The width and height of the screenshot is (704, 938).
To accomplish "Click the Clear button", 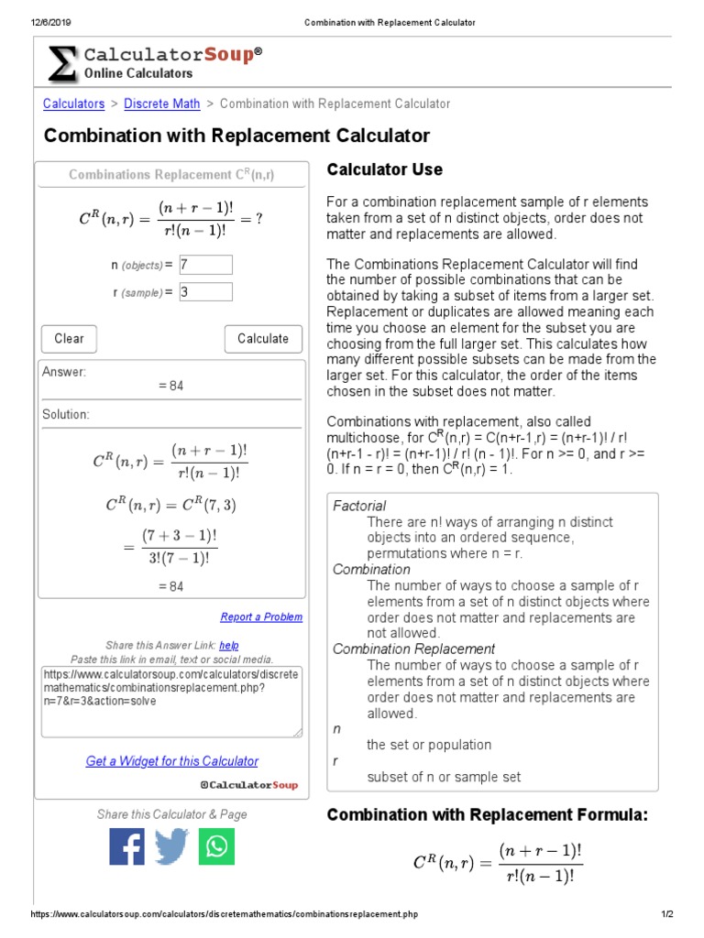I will [x=69, y=339].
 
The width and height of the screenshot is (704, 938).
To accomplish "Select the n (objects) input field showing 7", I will [x=206, y=265].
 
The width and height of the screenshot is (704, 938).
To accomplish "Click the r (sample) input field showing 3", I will [x=206, y=292].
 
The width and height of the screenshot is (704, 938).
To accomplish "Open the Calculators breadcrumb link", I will [x=74, y=104].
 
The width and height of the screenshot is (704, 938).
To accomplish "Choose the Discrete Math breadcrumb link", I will [x=161, y=104].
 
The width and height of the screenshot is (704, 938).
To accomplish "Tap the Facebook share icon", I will [x=127, y=846].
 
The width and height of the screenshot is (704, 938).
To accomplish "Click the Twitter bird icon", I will [x=171, y=846].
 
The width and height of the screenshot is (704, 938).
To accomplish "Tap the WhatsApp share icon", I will [x=216, y=846].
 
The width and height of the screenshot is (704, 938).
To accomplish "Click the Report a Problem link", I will [x=261, y=617].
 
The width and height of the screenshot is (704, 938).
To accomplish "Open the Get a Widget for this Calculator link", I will [x=171, y=761].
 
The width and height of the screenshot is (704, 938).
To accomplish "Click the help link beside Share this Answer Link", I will [x=229, y=646].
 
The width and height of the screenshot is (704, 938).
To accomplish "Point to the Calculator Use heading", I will [x=385, y=169].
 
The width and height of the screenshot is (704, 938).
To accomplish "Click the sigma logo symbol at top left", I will [x=62, y=63].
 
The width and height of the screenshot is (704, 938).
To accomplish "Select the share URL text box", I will [x=171, y=701].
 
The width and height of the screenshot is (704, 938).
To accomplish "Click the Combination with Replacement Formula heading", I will [x=488, y=815].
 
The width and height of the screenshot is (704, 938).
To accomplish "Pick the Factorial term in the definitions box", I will [x=359, y=506].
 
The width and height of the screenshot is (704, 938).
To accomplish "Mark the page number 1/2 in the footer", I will [x=667, y=914].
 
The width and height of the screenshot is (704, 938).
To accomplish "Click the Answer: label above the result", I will [x=63, y=372].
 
